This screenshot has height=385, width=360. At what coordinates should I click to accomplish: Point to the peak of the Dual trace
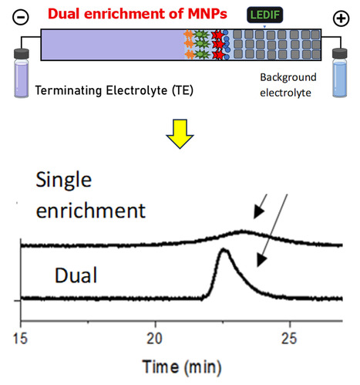pyautogui.click(x=224, y=250)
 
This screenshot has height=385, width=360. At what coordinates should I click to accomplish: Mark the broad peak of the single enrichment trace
pyautogui.click(x=243, y=231)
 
